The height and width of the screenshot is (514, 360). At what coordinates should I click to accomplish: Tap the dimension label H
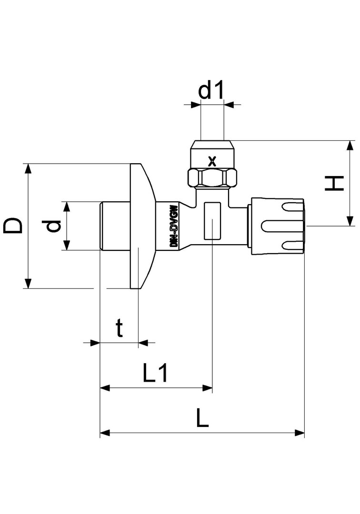tap(334, 183)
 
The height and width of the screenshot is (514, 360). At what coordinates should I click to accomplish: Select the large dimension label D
tap(13, 226)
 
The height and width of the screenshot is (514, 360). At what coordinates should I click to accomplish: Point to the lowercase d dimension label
tap(53, 226)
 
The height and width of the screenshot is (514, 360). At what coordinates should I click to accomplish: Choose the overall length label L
tap(202, 417)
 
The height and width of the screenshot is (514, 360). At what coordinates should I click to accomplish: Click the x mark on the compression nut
tap(212, 161)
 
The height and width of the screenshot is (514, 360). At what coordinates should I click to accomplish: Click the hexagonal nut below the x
tap(212, 178)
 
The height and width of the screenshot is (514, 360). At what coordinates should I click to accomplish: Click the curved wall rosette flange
tap(142, 226)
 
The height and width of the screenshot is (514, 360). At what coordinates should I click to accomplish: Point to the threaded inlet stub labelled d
tap(115, 226)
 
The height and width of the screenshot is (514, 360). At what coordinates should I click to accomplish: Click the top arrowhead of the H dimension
tap(350, 145)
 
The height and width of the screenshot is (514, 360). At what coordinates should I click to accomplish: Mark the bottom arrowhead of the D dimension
tap(29, 284)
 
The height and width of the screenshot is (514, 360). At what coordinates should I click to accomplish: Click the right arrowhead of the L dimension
tap(300, 433)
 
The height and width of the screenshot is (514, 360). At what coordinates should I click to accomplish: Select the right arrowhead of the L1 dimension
tap(208, 388)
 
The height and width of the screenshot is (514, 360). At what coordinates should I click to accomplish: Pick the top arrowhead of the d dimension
tap(67, 207)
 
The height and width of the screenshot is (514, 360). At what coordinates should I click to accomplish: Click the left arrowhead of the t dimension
tap(95, 343)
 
